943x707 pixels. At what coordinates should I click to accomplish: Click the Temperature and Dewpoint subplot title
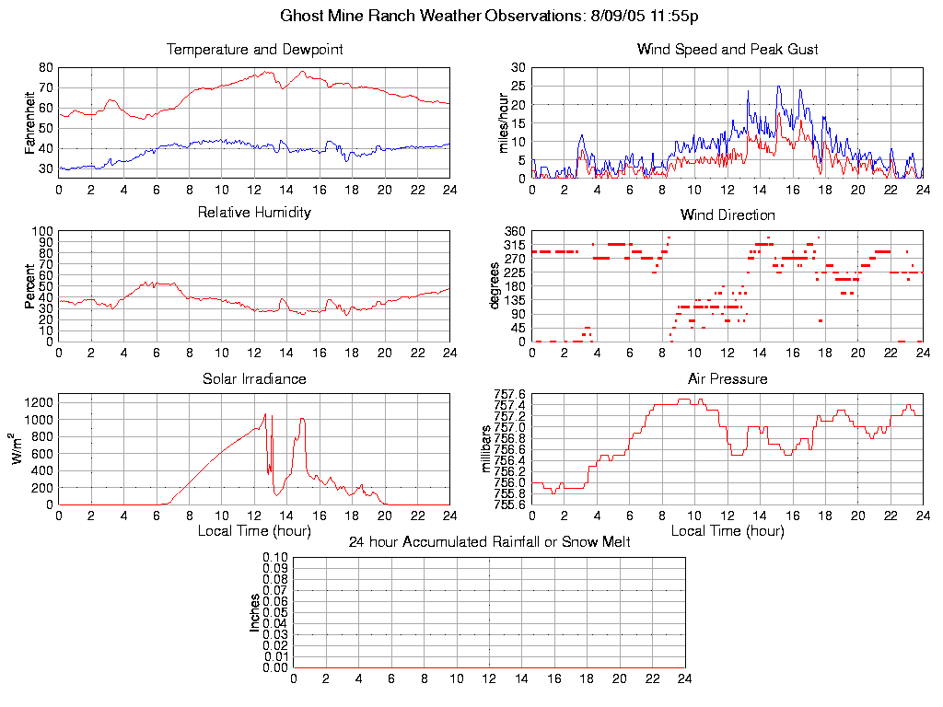pos(254,50)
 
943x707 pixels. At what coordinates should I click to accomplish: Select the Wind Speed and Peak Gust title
pos(727,50)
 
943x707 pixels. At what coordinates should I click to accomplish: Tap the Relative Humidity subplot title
pos(254,213)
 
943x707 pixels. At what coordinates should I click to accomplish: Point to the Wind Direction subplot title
pos(727,215)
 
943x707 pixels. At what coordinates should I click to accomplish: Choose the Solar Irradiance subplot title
pos(254,379)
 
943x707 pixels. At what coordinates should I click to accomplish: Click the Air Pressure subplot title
pos(727,379)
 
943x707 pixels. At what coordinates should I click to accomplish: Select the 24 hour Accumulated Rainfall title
pos(489,542)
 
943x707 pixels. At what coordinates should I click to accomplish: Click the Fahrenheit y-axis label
pos(29,122)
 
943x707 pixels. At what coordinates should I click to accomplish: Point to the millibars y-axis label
pos(487,449)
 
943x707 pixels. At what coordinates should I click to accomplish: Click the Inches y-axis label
pos(255,612)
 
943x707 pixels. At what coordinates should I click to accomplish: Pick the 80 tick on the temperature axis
pos(45,67)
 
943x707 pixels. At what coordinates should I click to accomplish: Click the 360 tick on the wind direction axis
pos(515,231)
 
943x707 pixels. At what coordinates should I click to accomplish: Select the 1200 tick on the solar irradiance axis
pos(40,401)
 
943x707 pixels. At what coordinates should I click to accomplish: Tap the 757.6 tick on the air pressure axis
pos(508,394)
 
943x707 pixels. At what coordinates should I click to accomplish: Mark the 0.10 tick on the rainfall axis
pos(275,558)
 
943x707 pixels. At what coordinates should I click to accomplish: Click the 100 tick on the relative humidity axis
pos(42,231)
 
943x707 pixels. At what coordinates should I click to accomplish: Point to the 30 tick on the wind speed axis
pos(518,67)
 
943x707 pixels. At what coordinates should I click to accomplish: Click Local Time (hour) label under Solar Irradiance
pos(254,531)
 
